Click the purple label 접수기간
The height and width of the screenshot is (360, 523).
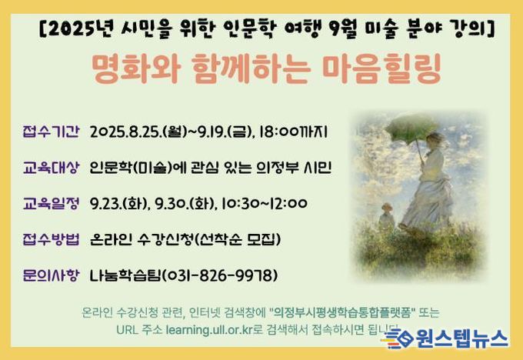51,131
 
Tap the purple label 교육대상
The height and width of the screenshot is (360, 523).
51,168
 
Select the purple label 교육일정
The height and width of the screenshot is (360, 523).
51,203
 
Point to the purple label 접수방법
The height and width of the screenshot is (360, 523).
51,239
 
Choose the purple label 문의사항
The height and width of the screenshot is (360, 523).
51,275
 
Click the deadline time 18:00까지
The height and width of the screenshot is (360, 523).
293,132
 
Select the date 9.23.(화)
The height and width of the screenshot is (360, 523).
118,203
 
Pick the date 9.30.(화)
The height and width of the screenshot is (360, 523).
185,203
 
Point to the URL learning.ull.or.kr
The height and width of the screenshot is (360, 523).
208,330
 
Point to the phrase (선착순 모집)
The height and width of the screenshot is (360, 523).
236,239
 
